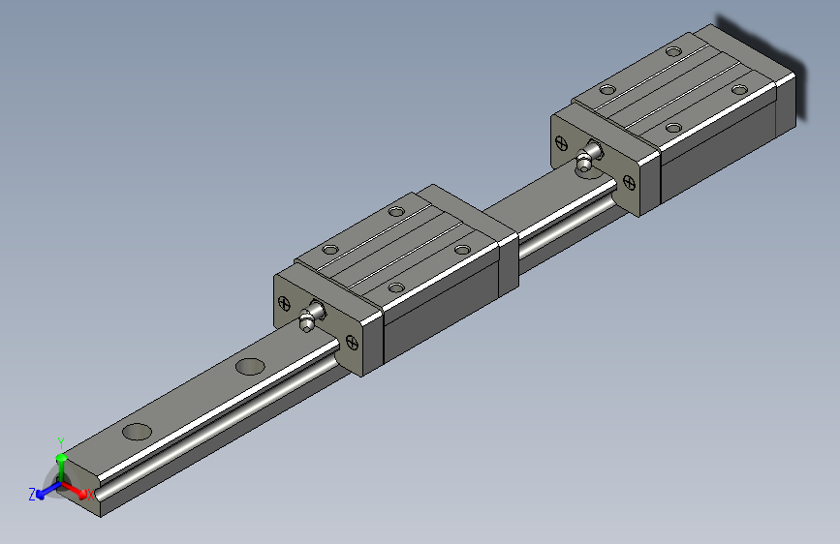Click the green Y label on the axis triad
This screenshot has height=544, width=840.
pos(60,440)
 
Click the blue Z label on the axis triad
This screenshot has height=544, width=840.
pos(32,494)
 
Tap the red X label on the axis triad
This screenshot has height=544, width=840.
pos(91,495)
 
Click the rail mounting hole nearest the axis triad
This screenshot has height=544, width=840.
pos(138,432)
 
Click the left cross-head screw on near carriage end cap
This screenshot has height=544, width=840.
pos(284,301)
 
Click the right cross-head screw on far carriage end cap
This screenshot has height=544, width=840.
pos(631,181)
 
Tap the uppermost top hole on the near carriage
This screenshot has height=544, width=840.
pos(395,210)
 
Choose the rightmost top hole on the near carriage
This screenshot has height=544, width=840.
pos(462,250)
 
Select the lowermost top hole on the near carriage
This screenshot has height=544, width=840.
pos(395,287)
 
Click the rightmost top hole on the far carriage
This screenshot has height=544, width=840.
pos(739,89)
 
